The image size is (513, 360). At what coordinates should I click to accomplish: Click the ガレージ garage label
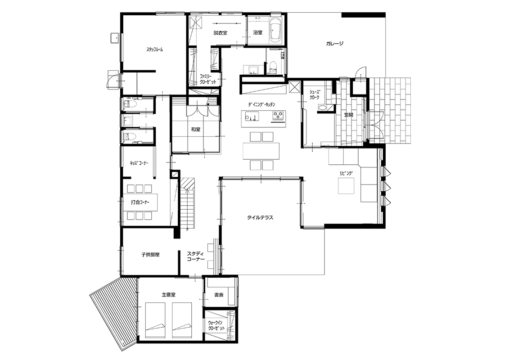click(334, 44)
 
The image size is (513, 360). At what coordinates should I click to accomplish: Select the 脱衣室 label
click(220, 33)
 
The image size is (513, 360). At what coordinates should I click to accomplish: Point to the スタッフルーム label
click(154, 50)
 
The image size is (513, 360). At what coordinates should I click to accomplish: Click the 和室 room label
click(196, 130)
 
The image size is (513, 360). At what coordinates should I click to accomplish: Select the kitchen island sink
click(250, 117)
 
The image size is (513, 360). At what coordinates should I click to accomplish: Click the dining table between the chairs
click(261, 151)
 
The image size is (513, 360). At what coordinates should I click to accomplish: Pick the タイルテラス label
click(260, 217)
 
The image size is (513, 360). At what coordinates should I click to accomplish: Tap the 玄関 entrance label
click(348, 115)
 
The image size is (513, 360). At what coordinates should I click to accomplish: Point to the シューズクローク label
click(315, 94)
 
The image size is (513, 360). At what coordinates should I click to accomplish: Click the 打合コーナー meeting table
click(139, 202)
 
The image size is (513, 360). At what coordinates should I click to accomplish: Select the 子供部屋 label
click(150, 255)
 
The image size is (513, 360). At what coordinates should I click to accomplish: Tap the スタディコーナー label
click(196, 256)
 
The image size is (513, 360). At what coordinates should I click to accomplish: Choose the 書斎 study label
click(219, 295)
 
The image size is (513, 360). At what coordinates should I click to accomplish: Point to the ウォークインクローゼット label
click(216, 325)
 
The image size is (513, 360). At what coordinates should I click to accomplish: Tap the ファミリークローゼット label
click(208, 79)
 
